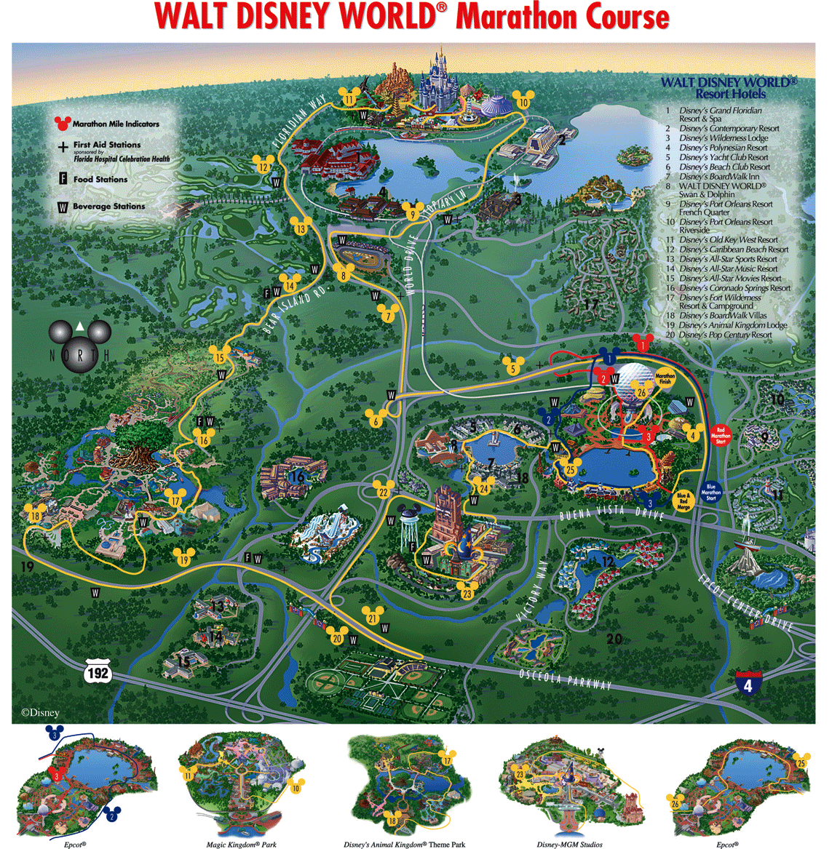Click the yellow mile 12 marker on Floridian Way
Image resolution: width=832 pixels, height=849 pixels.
click(x=263, y=166)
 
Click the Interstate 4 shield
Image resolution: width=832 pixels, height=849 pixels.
click(x=748, y=683)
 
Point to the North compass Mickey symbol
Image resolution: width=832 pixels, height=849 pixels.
click(x=79, y=341)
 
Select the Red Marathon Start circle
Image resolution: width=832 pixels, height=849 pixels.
click(x=721, y=435)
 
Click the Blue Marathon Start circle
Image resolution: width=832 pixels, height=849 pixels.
click(x=711, y=491)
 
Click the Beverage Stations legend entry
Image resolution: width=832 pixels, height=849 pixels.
click(x=108, y=207)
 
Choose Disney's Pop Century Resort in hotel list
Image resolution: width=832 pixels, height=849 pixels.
click(x=724, y=335)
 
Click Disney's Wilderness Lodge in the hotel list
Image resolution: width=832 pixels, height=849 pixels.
click(x=723, y=137)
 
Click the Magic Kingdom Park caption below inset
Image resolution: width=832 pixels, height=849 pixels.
click(x=241, y=845)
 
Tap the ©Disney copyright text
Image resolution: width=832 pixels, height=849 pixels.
click(x=40, y=713)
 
